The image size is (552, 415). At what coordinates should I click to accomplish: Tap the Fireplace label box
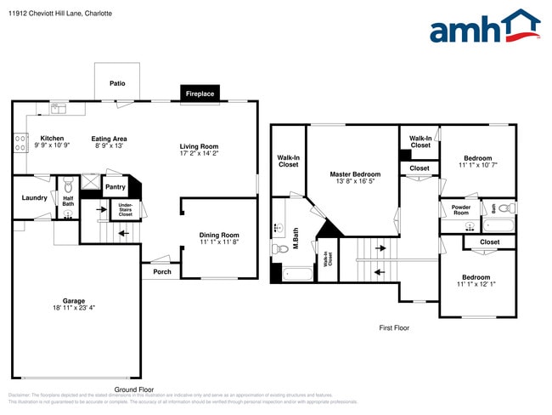(x=200, y=94)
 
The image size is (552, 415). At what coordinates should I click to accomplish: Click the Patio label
(x=117, y=83)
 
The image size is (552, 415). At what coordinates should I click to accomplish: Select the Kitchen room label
(x=52, y=139)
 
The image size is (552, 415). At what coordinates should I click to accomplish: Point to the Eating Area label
(x=110, y=139)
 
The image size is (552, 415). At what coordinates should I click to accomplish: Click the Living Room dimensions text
(x=199, y=154)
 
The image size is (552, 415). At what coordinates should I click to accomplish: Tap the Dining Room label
(x=219, y=236)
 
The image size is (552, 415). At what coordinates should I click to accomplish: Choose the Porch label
(x=161, y=272)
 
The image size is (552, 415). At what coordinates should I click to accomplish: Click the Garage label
(x=73, y=300)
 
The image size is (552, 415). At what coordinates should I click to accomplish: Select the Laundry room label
(x=34, y=198)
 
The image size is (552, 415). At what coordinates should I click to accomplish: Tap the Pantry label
(x=115, y=187)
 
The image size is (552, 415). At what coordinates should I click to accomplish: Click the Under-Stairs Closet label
(x=125, y=209)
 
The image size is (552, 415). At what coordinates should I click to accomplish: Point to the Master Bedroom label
(x=353, y=174)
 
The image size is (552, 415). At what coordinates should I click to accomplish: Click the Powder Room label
(x=460, y=210)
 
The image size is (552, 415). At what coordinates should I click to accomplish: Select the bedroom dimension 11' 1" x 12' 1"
(x=476, y=285)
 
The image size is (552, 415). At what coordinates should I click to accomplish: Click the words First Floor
(x=394, y=327)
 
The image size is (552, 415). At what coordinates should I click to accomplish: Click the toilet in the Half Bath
(x=68, y=187)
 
